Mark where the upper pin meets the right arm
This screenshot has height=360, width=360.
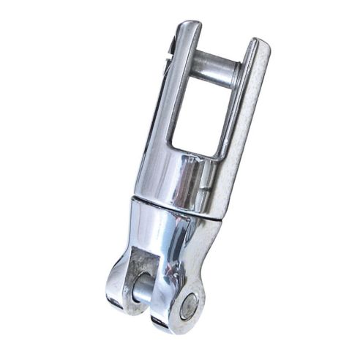coord(236,73)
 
